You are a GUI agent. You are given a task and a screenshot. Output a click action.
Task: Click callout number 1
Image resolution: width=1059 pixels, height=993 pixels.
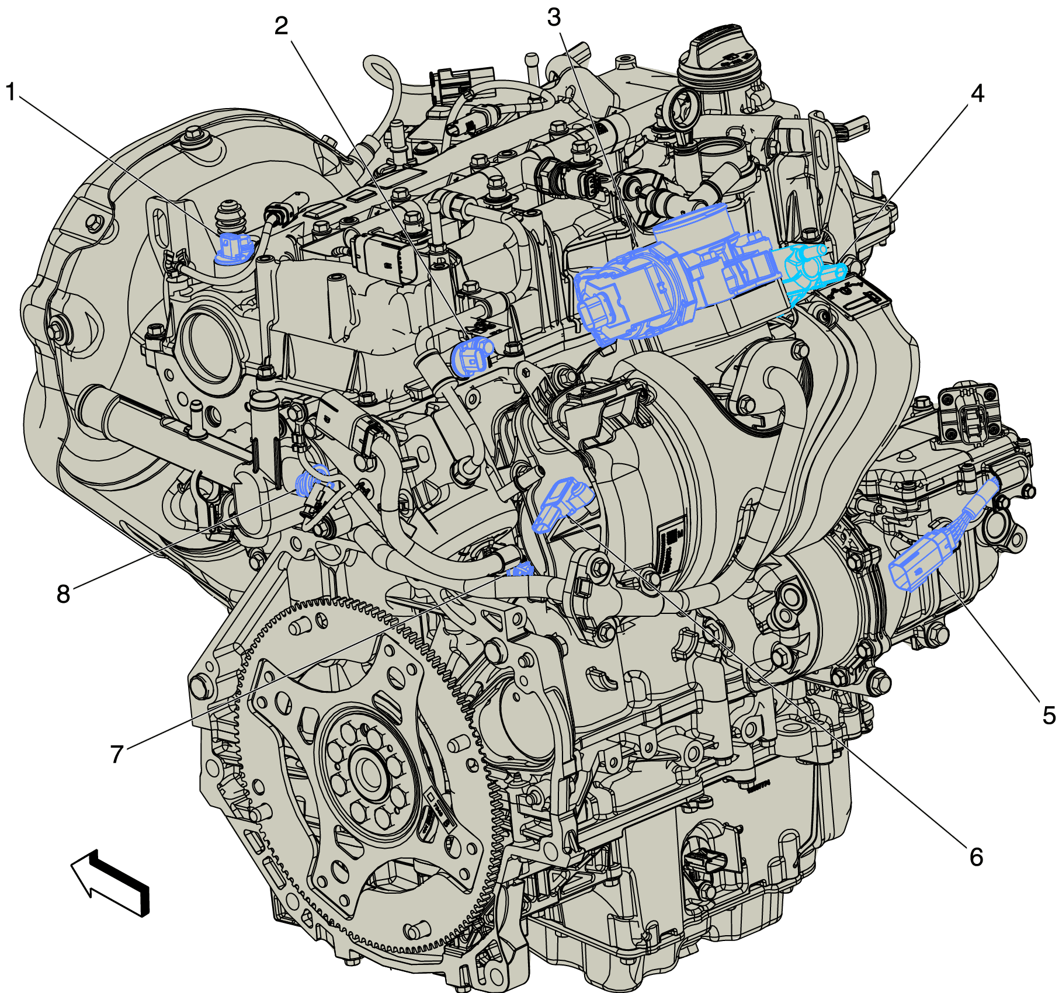11,92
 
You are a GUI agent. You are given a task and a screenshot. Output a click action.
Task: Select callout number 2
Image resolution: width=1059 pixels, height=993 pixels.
282,26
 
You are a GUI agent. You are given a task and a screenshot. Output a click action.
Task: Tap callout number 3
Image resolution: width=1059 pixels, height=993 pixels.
554,18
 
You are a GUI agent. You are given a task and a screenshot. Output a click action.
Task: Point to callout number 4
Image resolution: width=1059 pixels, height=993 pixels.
977,93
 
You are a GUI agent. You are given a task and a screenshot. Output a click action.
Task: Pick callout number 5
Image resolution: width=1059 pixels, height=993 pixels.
1048,715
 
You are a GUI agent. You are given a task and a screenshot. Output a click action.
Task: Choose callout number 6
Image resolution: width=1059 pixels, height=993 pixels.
976,857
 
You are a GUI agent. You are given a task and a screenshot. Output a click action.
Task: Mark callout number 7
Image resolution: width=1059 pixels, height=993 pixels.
117,754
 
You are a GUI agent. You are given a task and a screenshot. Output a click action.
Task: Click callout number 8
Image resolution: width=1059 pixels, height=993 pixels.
63,593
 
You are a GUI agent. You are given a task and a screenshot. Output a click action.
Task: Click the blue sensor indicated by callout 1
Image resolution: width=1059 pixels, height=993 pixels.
234,248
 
